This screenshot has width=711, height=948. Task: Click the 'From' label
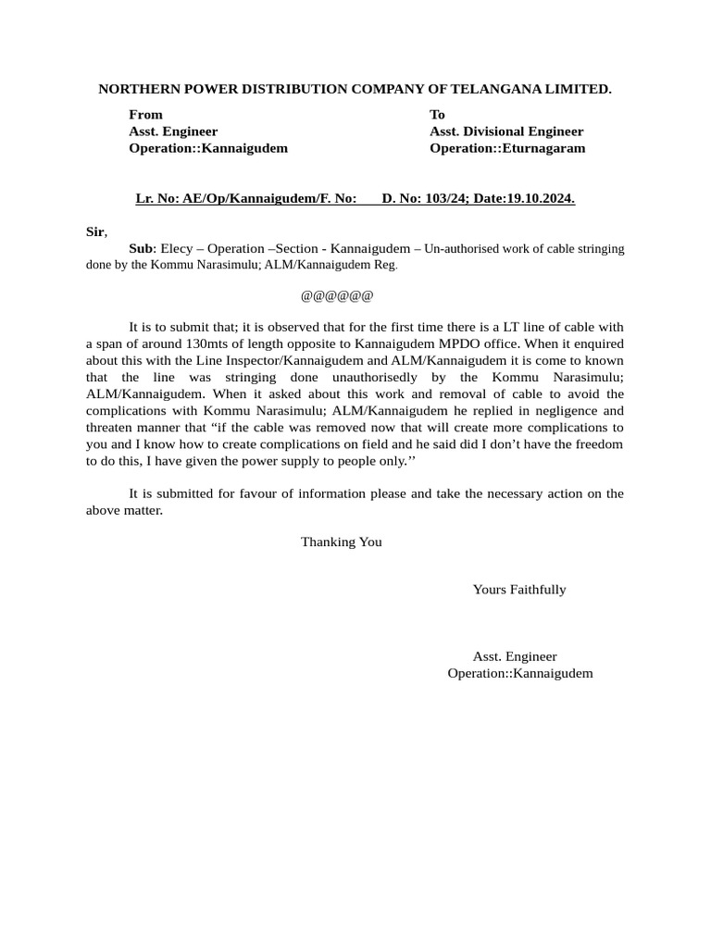point(145,115)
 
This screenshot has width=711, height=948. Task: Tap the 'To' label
point(437,115)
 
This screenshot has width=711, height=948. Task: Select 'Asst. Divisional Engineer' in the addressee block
point(506,131)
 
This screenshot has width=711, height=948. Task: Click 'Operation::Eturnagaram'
point(507,148)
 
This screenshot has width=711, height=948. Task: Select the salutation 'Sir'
point(95,232)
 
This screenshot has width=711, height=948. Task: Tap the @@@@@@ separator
point(337,296)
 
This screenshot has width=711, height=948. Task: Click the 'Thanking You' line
point(341,543)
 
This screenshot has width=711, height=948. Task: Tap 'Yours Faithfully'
point(518,590)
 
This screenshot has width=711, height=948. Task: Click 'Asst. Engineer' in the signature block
point(515,656)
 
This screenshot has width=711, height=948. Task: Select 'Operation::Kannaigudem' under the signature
point(519,673)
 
